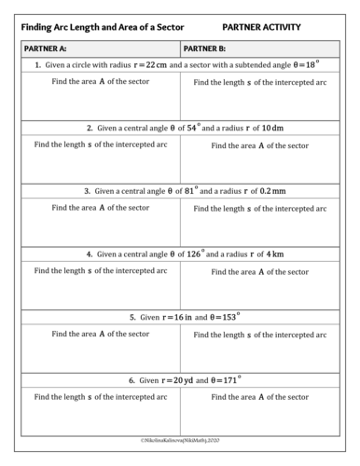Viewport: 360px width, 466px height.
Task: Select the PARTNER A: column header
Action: point(48,48)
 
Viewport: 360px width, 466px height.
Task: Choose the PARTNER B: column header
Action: point(206,48)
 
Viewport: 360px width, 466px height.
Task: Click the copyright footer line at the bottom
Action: point(180,437)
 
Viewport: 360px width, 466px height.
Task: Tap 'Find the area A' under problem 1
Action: point(100,81)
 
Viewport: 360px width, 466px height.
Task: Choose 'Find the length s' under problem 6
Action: point(101,396)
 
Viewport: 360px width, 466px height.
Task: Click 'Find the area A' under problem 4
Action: point(259,271)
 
